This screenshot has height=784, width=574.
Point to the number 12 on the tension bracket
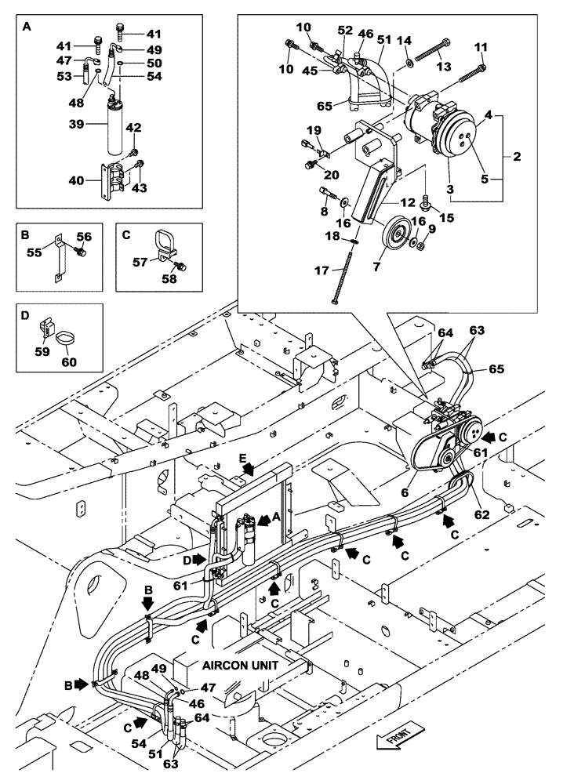406,201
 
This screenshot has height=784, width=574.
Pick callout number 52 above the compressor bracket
344,30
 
